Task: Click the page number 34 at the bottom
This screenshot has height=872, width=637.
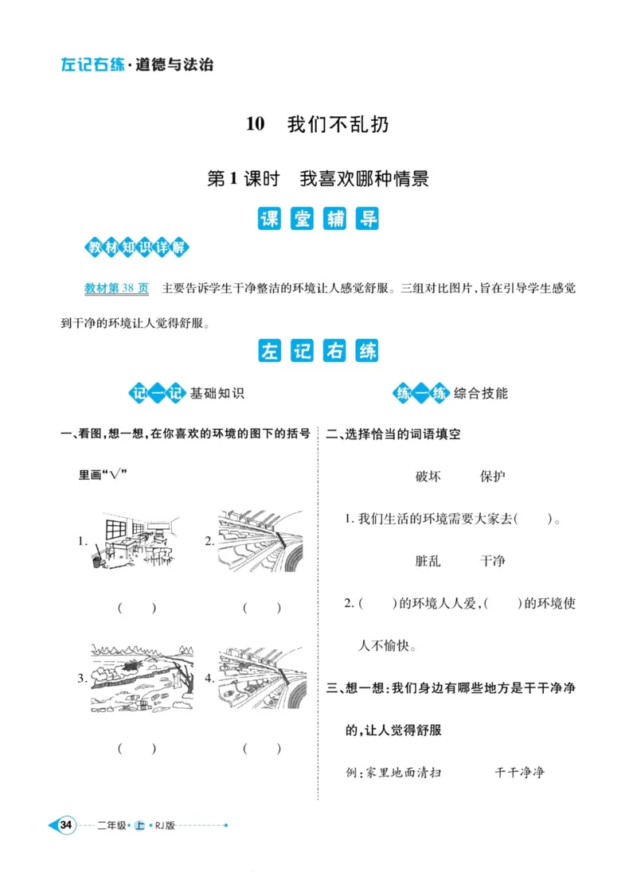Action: pos(67,825)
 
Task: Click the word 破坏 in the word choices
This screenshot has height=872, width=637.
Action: pos(428,477)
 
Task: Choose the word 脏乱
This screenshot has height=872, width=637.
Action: pos(428,561)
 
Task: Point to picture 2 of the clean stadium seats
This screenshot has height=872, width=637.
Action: pos(260,540)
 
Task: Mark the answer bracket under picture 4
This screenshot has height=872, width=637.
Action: pos(262,749)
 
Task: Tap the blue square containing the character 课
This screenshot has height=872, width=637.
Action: pos(271,219)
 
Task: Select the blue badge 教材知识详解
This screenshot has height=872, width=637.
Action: pos(137,247)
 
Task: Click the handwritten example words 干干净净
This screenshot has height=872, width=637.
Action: pos(519,773)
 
